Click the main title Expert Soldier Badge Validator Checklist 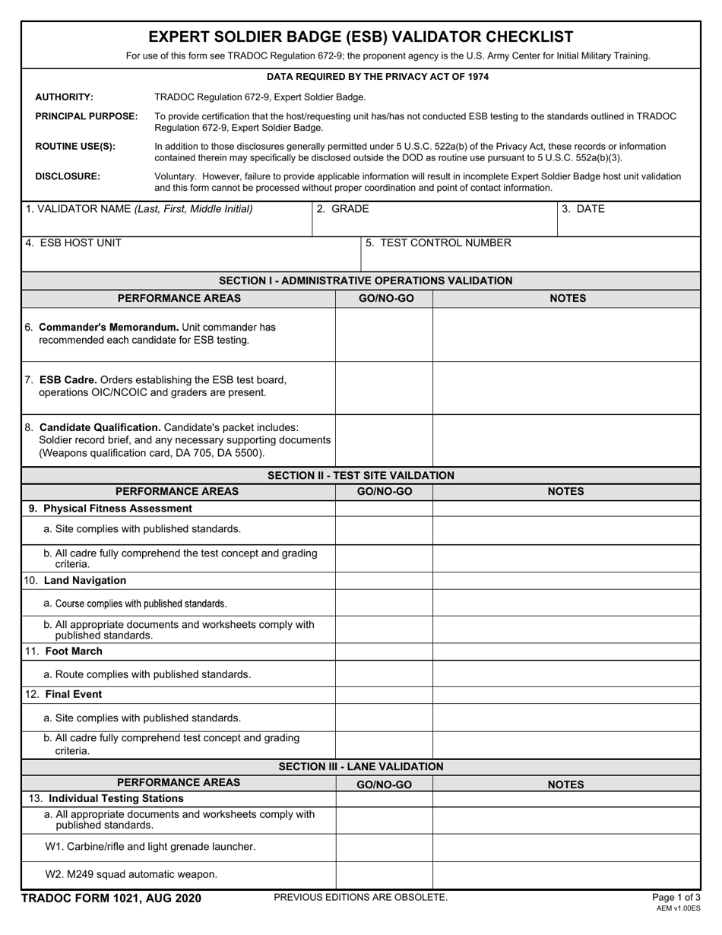click(x=360, y=36)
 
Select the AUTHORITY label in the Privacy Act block click(x=65, y=97)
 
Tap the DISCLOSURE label click(x=68, y=176)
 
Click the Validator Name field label click(x=139, y=209)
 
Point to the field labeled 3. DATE click(x=584, y=209)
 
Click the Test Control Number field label click(x=439, y=243)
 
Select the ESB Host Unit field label click(x=73, y=243)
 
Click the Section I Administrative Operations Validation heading click(x=366, y=280)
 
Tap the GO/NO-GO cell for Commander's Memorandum click(x=385, y=334)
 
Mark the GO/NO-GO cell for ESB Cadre click(x=385, y=388)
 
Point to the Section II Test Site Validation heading click(x=361, y=475)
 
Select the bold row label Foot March click(x=74, y=651)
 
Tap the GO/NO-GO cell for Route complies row click(x=385, y=674)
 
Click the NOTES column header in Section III click(x=566, y=784)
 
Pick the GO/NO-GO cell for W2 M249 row click(x=385, y=875)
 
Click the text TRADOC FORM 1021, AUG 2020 click(x=111, y=899)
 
